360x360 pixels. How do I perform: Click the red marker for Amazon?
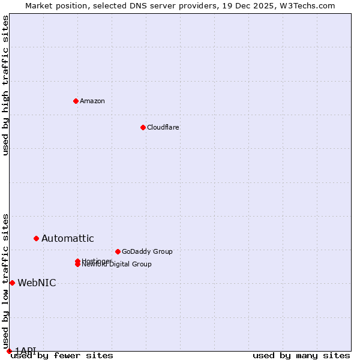(76, 101)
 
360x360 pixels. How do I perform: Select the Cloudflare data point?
(143, 127)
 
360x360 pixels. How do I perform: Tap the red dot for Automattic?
(36, 238)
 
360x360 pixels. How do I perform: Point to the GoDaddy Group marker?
(118, 251)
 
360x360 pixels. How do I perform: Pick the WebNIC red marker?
(12, 283)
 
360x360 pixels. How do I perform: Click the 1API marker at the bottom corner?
(9, 351)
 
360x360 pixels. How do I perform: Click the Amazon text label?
(92, 101)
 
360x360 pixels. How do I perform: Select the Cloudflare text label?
(163, 127)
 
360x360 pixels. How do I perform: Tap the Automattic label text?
(68, 238)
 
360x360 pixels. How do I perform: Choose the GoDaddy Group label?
(147, 251)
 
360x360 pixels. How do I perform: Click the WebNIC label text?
(37, 283)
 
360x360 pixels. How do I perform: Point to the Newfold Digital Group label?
(117, 265)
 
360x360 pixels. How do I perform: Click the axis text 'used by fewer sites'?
(62, 355)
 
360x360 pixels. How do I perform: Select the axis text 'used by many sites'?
(301, 355)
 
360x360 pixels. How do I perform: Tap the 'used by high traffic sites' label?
(6, 85)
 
